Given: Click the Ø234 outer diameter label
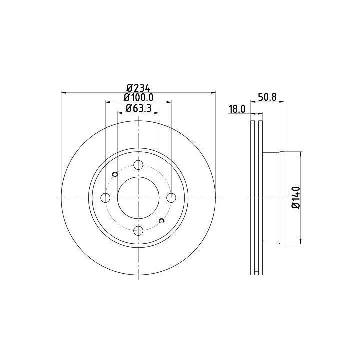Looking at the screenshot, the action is [139, 88].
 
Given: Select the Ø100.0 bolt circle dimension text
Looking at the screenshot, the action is [138, 98].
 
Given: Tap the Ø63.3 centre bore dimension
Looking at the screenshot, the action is [138, 108].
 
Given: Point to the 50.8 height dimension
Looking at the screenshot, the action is [267, 97].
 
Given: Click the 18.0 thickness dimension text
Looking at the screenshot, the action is [237, 109].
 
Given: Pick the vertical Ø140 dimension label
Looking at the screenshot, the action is [296, 198].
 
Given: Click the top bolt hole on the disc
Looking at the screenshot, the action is [138, 165].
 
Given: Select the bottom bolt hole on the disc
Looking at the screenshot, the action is [138, 230].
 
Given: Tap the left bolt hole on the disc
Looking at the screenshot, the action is [105, 198].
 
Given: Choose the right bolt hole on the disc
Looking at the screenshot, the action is [171, 198].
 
